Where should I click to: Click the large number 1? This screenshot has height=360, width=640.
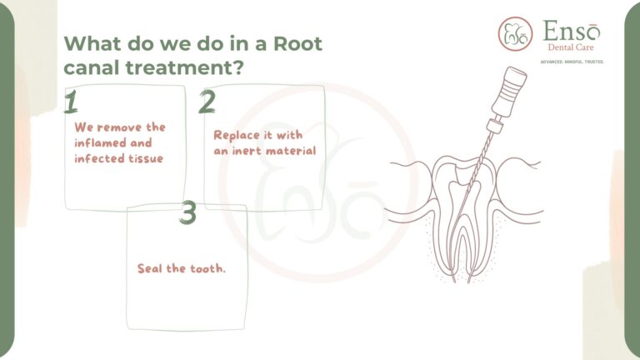click(71, 102)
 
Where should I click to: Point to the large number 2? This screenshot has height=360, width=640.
click(207, 102)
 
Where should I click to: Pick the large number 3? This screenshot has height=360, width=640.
click(187, 213)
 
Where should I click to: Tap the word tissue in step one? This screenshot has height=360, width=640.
click(143, 158)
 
